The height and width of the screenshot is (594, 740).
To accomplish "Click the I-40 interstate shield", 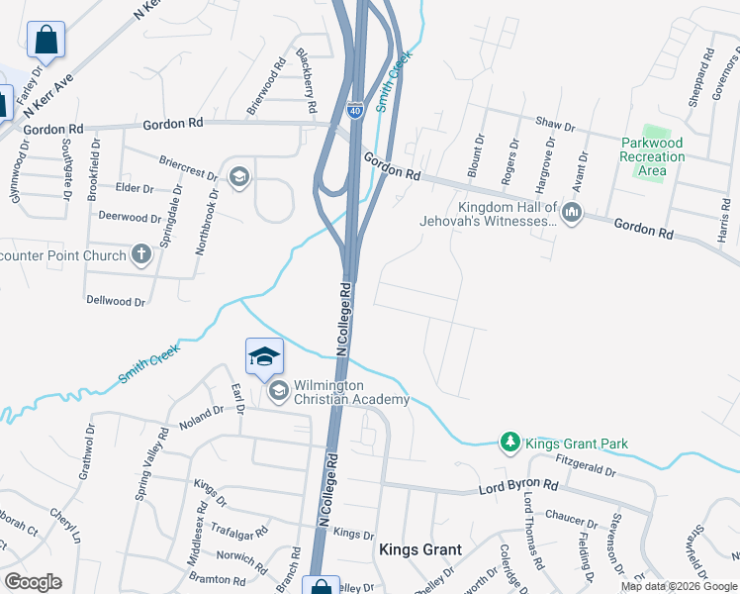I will (x=355, y=109).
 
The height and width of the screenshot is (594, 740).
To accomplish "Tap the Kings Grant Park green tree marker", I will (x=510, y=442).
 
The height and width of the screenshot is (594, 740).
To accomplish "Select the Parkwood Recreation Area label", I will (x=652, y=156).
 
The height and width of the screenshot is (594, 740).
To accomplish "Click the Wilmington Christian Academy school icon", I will (x=278, y=392).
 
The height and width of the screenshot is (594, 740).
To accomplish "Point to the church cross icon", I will (x=141, y=255).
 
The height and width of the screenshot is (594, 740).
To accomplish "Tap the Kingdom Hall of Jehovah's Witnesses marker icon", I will (x=573, y=213).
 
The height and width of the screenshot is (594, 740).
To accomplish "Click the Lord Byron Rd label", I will (x=518, y=487).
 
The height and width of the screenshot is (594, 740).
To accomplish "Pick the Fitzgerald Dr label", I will (x=587, y=461).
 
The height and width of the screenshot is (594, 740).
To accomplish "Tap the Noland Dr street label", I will (x=202, y=417).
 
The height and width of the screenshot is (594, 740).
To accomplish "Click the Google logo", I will (x=33, y=582).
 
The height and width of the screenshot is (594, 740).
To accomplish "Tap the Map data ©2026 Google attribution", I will (x=679, y=586).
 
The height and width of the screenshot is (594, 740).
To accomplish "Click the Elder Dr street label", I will (x=135, y=188).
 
